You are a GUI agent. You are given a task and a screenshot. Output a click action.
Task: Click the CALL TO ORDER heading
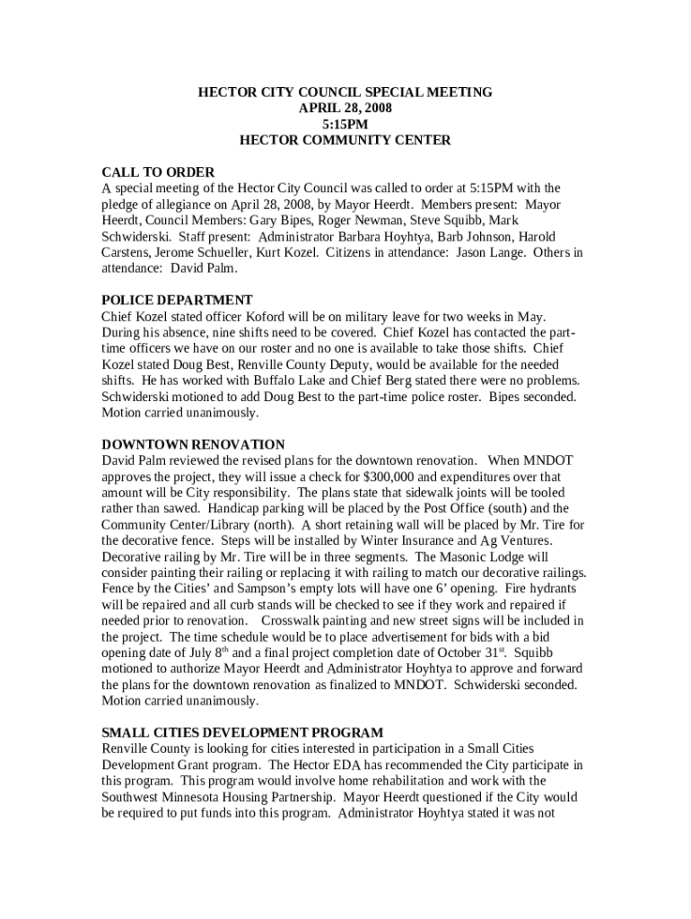click(x=158, y=172)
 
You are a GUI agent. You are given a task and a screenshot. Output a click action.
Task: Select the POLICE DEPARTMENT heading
click(x=177, y=301)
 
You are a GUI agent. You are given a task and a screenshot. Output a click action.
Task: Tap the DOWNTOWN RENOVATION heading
click(x=193, y=445)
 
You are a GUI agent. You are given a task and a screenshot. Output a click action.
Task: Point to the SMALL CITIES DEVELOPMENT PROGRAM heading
click(x=242, y=733)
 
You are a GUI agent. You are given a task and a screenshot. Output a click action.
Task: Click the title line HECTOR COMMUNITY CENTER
click(x=345, y=140)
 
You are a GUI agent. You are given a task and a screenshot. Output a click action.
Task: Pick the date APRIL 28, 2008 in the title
click(x=345, y=108)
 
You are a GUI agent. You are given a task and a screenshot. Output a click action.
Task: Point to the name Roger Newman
click(x=323, y=220)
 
